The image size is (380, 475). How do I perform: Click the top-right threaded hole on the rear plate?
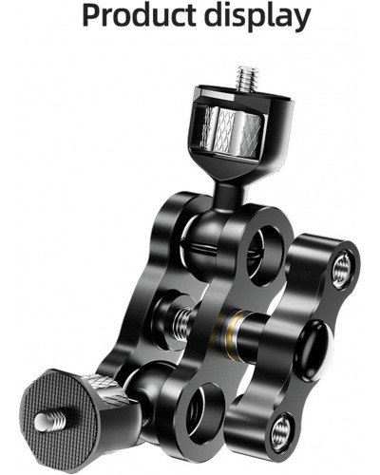click(x=341, y=271)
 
